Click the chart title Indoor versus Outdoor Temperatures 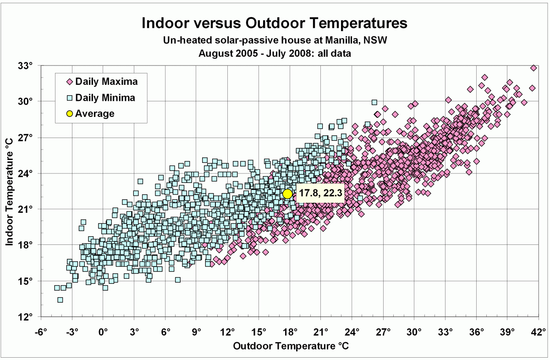point(275,23)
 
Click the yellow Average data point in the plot point(287,194)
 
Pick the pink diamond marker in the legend point(70,82)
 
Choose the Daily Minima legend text point(105,98)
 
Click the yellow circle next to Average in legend point(70,113)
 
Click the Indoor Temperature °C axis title point(10,191)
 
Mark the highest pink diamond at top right point(533,68)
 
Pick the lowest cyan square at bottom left point(60,300)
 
